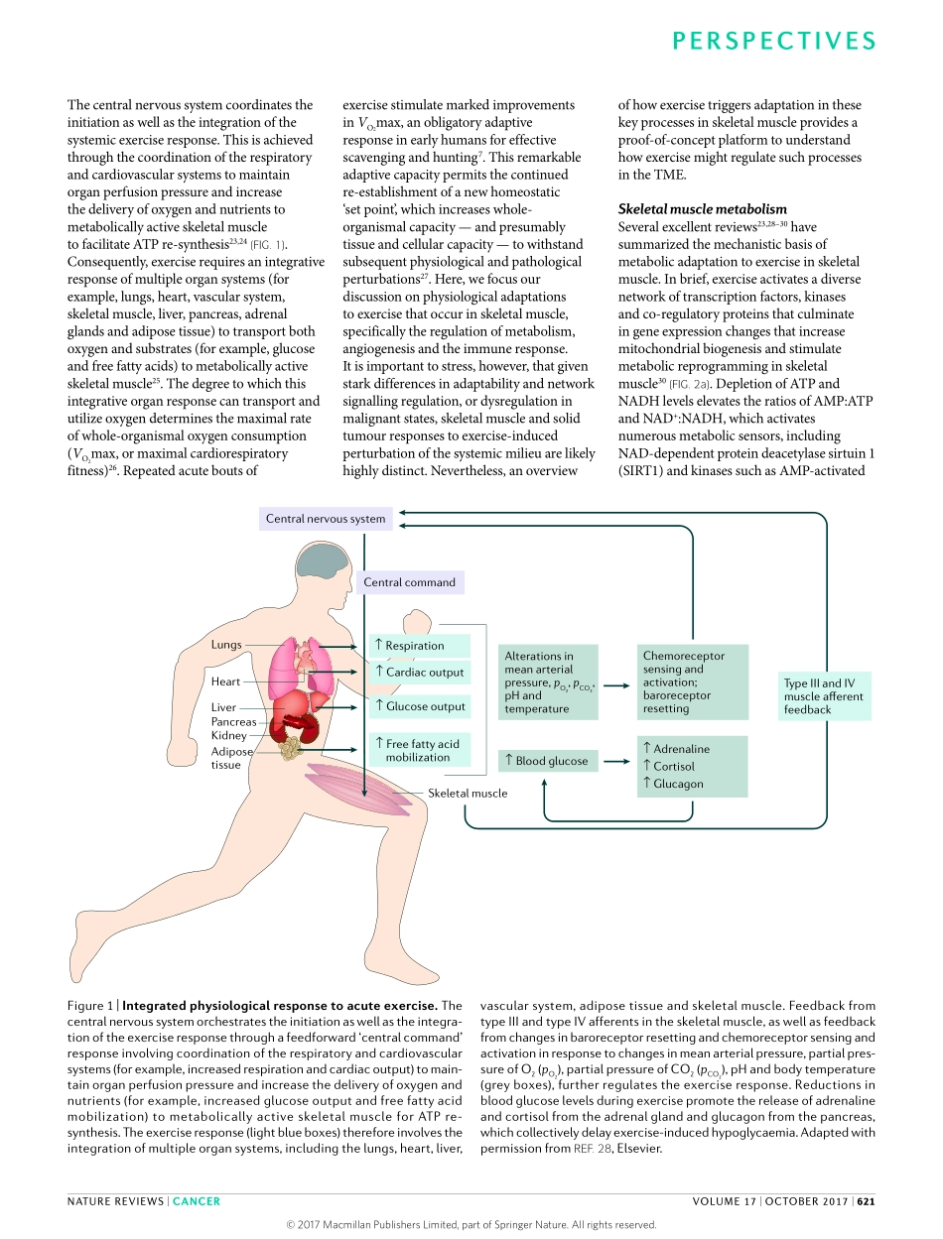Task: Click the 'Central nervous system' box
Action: click(326, 519)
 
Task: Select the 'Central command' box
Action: click(409, 582)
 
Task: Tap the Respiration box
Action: click(420, 646)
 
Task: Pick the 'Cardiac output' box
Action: click(420, 673)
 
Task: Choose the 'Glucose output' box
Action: click(420, 706)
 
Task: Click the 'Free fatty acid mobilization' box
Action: click(420, 751)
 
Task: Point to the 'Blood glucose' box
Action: click(548, 761)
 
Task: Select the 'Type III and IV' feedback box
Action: click(823, 696)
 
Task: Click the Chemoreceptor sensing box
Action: click(691, 682)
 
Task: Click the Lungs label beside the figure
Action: click(226, 645)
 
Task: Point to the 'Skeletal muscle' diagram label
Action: click(468, 794)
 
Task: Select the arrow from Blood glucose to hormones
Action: click(615, 761)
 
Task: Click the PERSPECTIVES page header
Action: click(774, 41)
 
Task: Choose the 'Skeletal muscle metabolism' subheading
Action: click(703, 209)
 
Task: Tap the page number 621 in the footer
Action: click(867, 1201)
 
